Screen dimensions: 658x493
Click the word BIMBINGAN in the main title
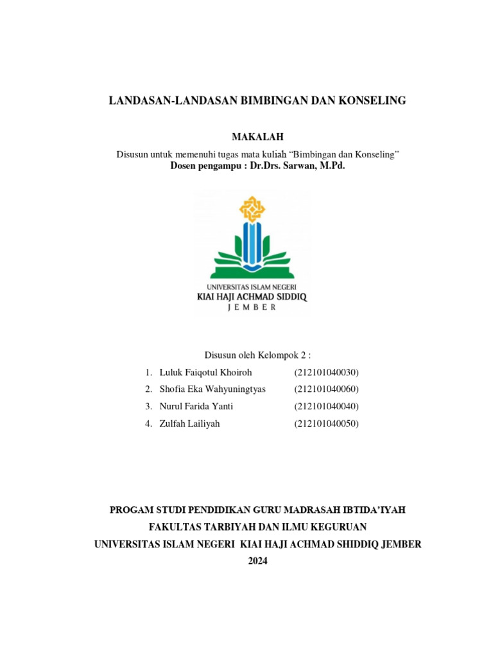(x=274, y=101)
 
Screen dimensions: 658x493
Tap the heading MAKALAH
(x=257, y=137)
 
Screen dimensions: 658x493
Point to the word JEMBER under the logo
(x=252, y=308)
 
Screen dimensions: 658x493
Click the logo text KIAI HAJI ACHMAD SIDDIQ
(x=252, y=297)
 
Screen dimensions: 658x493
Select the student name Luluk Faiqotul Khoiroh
(x=205, y=372)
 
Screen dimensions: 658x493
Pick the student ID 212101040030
(x=326, y=372)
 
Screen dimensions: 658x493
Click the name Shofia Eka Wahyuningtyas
(x=212, y=389)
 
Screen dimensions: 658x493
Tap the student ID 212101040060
(x=326, y=389)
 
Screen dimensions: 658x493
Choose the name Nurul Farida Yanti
(x=196, y=406)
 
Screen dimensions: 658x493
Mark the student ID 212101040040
(x=326, y=406)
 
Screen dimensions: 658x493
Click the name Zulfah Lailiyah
(x=189, y=423)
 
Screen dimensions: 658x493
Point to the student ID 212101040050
(x=326, y=423)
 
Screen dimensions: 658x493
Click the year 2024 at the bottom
(x=257, y=561)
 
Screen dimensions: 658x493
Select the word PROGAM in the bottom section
(x=132, y=510)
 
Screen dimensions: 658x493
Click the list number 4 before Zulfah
(x=148, y=423)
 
